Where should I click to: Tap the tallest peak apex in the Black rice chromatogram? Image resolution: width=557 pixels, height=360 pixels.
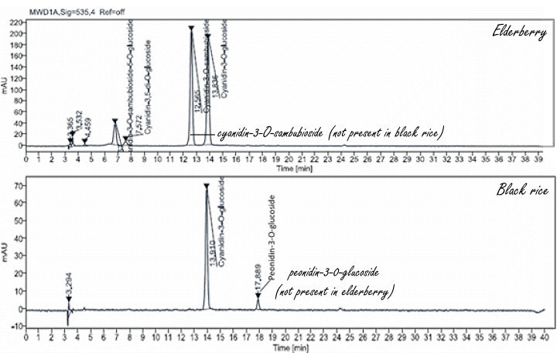click(x=206, y=187)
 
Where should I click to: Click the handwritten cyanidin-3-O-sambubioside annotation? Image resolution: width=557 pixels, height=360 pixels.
click(x=329, y=133)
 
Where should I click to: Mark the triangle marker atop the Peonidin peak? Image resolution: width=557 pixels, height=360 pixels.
click(x=258, y=295)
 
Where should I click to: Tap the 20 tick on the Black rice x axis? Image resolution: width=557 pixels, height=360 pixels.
click(x=284, y=338)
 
